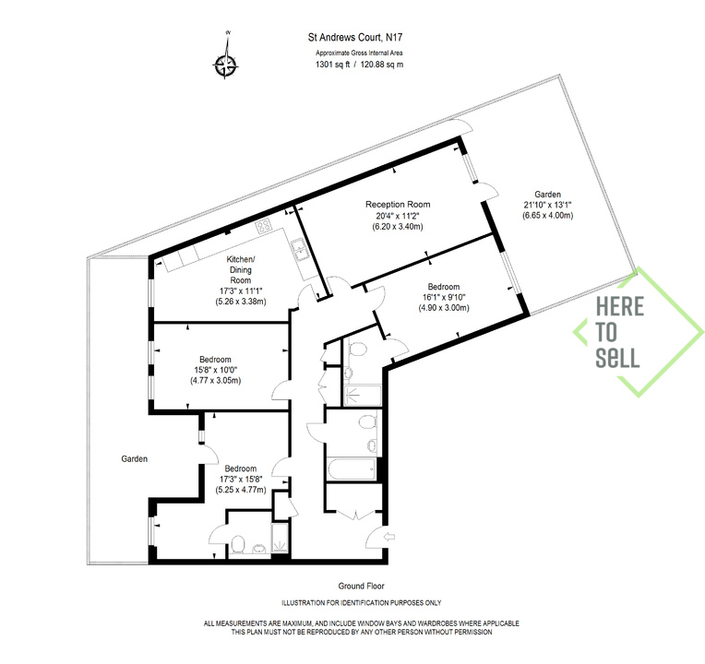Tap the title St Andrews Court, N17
355,37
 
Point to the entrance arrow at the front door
389,537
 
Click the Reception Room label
398,205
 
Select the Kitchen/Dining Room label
241,269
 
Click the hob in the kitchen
264,226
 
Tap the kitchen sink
298,250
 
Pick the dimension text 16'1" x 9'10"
444,297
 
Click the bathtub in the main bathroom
352,469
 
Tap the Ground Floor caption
362,586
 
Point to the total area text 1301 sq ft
333,65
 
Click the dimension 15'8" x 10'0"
215,370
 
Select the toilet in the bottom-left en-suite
237,544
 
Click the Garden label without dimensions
135,458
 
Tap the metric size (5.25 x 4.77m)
241,490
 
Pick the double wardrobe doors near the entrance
355,515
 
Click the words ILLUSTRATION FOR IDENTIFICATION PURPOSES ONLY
362,602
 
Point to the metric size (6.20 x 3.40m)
398,227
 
